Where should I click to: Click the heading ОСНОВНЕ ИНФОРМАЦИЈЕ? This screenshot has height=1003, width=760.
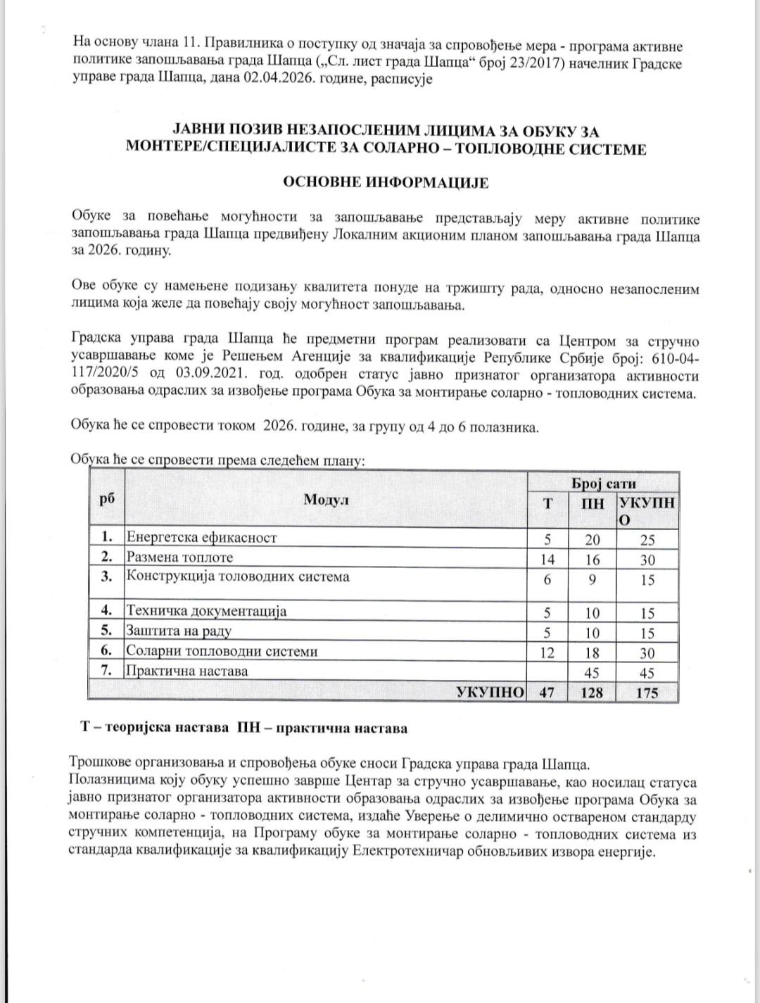385,182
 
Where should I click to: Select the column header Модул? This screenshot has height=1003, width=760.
326,500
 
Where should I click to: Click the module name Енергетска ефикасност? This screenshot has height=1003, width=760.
201,538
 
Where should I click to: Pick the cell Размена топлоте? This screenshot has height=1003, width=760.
179,557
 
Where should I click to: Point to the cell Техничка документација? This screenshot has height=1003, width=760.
206,611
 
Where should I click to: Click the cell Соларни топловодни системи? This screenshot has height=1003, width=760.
222,651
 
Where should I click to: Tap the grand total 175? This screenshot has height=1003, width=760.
647,692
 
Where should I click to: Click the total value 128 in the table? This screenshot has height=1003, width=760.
592,692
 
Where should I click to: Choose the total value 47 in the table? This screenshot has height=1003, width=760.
547,692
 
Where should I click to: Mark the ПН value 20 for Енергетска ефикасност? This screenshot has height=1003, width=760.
593,540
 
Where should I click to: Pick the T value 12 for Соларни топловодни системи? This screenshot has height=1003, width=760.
547,652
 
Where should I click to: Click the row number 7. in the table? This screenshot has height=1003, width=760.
107,670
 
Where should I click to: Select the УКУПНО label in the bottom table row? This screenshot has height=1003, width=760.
490,692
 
